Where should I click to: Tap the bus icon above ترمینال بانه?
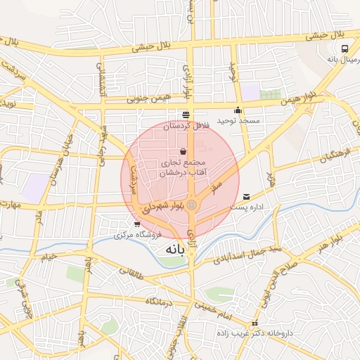coord(345,49)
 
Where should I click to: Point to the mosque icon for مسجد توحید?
coord(238,110)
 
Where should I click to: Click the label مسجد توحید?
coord(238,121)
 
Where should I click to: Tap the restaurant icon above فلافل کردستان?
coord(186,115)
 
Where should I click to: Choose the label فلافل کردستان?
coord(186,127)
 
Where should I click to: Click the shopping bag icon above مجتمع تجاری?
coord(184,151)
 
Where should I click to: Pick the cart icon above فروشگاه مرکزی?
coord(127,224)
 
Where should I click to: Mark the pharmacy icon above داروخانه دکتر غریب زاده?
coord(256,323)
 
